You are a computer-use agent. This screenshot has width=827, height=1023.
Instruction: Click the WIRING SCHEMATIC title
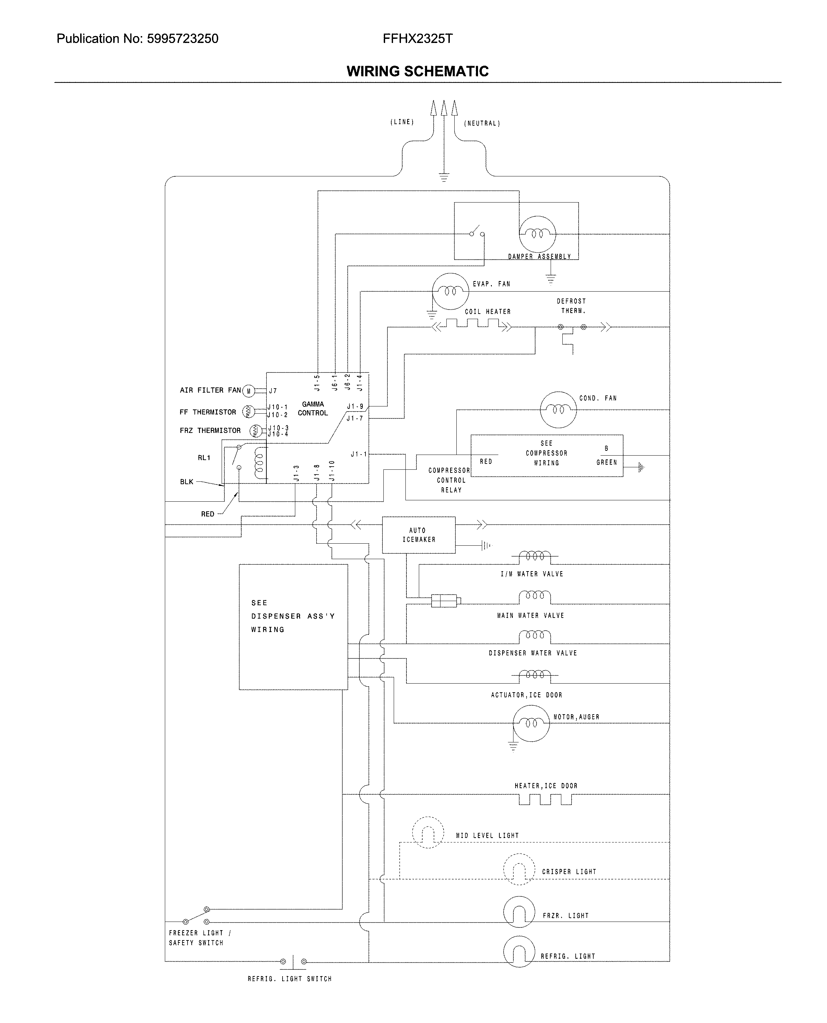pos(417,72)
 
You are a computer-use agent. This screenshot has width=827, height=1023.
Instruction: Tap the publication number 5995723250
pos(182,39)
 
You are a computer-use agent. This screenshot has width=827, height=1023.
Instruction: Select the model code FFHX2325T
pos(417,39)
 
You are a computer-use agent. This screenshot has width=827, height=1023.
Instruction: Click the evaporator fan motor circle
pos(450,291)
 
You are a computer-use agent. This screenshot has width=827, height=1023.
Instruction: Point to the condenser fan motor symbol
pos(558,410)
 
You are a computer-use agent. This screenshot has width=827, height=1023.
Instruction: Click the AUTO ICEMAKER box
pos(419,535)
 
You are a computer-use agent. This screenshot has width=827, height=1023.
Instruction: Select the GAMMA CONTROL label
pos(313,409)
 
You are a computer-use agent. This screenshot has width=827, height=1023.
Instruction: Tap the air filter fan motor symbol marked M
pos(248,391)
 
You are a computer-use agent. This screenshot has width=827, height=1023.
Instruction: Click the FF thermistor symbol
pos(248,411)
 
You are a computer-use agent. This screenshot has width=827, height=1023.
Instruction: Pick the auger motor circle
pos(531,723)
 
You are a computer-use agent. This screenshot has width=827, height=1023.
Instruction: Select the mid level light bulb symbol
pos(428,832)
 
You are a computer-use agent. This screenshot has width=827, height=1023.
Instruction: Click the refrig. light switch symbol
pos(293,961)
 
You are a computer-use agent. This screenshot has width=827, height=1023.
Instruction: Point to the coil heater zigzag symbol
pos(471,325)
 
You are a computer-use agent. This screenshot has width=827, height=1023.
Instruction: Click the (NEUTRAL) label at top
pos(482,123)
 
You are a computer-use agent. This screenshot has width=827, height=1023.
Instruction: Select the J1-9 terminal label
pos(355,406)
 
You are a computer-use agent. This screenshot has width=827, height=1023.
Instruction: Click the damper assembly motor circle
pos(537,234)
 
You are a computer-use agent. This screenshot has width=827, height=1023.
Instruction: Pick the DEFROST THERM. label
pos(571,306)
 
